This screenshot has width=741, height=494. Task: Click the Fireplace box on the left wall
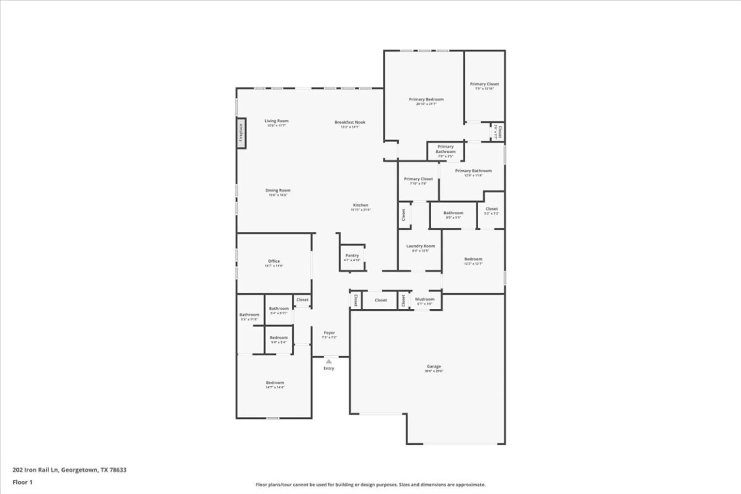click(x=241, y=133)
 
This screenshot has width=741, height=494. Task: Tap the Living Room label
click(x=276, y=121)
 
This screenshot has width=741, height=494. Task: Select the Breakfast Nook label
click(x=350, y=122)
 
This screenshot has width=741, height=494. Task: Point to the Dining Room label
click(x=278, y=190)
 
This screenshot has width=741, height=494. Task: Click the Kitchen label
click(x=360, y=205)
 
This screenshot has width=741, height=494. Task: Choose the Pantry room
click(x=352, y=257)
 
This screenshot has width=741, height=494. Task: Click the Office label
click(x=274, y=261)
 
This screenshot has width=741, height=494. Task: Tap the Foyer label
click(x=329, y=333)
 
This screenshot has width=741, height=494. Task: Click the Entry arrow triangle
click(x=329, y=361)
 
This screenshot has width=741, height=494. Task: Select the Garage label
click(x=433, y=366)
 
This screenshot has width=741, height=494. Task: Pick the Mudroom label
click(x=425, y=299)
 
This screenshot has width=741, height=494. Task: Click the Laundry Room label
click(x=421, y=246)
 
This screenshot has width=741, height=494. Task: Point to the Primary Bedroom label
click(x=426, y=99)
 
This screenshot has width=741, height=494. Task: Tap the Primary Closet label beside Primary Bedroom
click(x=484, y=84)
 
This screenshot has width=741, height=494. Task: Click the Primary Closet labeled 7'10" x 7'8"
click(x=418, y=179)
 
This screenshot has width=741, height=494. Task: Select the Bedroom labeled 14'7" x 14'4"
click(x=275, y=383)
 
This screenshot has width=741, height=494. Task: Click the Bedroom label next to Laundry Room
click(x=473, y=259)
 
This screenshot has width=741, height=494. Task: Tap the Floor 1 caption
click(x=23, y=482)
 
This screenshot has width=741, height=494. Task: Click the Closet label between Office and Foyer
click(x=302, y=300)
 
